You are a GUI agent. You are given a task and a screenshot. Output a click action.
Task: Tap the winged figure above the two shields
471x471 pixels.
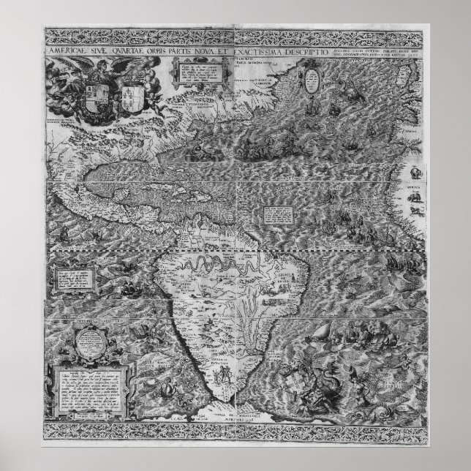coord(114,67)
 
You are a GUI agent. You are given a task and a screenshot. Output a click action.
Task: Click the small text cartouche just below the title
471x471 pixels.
coord(189,74)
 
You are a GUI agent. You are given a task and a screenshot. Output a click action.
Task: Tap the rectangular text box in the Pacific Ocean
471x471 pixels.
coord(72,277)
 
